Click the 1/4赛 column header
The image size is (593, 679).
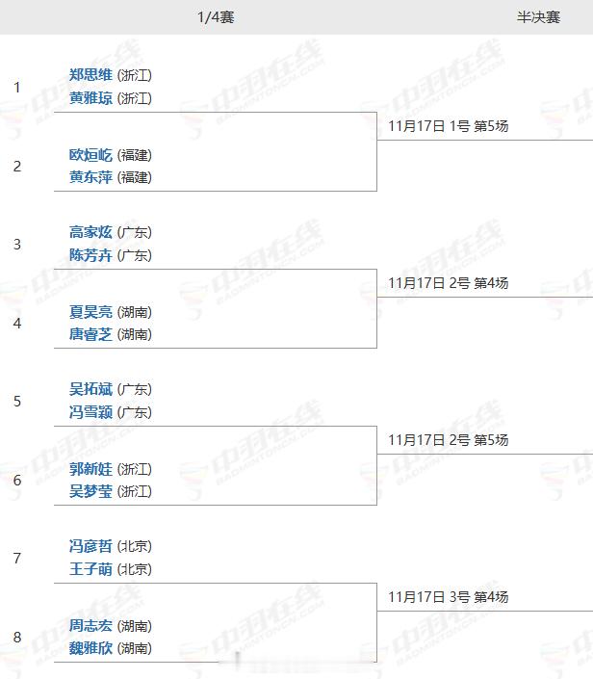(216, 17)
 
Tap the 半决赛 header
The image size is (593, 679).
(538, 17)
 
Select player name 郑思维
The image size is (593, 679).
(90, 75)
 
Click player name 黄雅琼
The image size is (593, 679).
(90, 98)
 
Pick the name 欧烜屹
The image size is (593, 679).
(90, 155)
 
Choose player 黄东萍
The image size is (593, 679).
(90, 177)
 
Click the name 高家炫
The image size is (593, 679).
(90, 232)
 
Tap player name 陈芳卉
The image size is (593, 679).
(90, 255)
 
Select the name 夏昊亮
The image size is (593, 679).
(90, 312)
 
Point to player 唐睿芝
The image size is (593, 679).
(90, 334)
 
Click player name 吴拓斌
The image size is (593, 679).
(90, 389)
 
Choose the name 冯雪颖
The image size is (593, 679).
(90, 412)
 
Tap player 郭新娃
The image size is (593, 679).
(90, 469)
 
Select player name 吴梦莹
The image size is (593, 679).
(90, 491)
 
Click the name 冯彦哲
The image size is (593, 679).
(90, 546)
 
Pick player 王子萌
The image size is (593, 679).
(90, 569)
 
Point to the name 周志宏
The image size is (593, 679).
(90, 626)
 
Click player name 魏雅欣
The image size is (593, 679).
(90, 648)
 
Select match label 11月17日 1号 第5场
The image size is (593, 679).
(448, 126)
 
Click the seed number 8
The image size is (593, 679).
(17, 637)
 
